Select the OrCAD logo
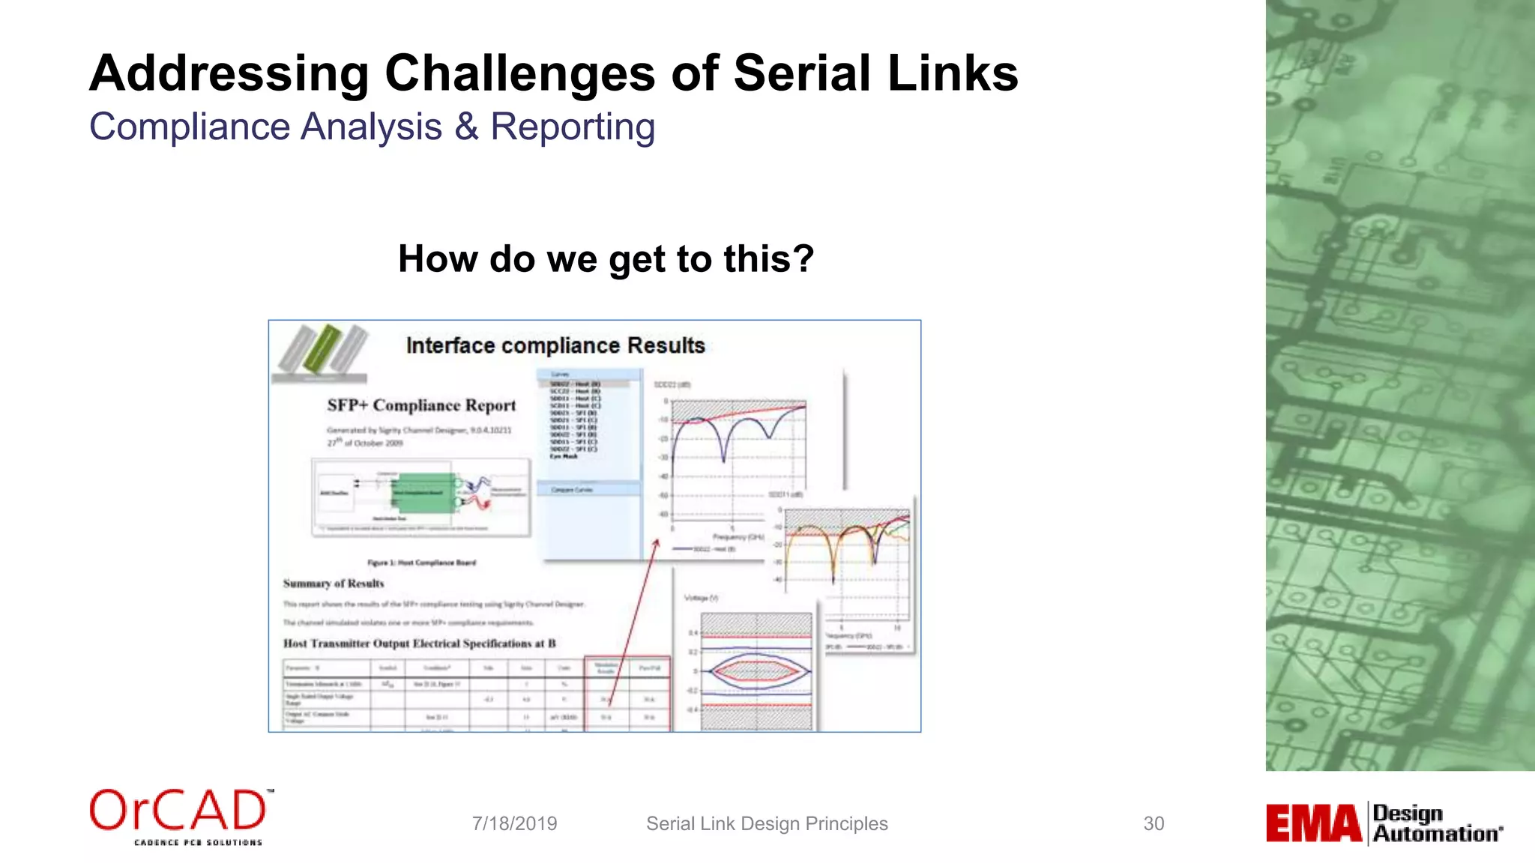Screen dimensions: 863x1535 tap(181, 816)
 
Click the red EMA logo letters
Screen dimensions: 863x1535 tap(1313, 823)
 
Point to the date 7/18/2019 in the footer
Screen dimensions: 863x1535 tap(514, 823)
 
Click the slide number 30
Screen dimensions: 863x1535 tap(1153, 823)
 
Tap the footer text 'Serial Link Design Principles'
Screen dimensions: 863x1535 tap(767, 823)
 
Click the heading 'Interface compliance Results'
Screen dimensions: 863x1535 tap(555, 345)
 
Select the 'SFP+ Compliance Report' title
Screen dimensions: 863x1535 tap(421, 405)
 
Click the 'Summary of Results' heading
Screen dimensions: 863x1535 tap(334, 584)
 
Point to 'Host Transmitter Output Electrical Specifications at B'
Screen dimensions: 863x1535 tap(419, 644)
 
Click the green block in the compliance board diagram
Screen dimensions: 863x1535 tap(423, 492)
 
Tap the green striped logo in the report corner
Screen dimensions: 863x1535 tap(322, 349)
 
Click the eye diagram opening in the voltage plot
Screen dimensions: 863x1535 tap(757, 670)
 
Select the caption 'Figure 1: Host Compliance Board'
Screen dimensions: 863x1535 tap(421, 563)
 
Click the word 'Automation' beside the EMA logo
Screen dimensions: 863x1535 tap(1437, 834)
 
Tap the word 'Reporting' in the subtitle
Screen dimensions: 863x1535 tap(573, 127)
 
